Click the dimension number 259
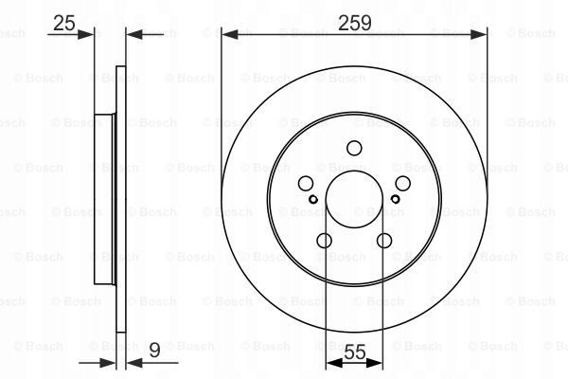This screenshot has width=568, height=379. tap(355, 23)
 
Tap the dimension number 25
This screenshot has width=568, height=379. tap(64, 23)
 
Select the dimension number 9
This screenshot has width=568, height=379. tap(154, 351)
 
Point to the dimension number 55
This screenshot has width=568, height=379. tap(355, 352)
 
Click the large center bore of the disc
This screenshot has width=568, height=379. tap(354, 199)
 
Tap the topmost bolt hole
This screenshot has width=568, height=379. tap(354, 148)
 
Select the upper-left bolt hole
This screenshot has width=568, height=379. tap(306, 184)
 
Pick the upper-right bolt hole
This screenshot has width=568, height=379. tap(403, 184)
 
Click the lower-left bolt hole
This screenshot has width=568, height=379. tap(324, 241)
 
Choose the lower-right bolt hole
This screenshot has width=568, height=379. tap(384, 241)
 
